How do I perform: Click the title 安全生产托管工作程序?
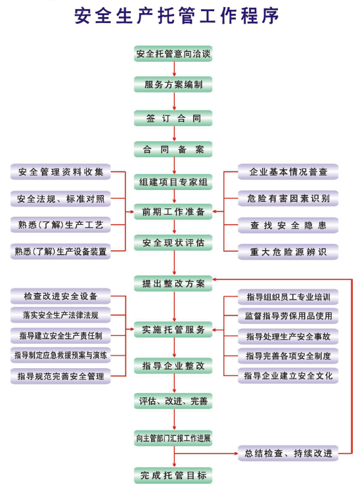177,16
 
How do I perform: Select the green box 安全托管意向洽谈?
173,54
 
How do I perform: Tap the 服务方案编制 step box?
173,84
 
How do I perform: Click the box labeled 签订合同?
173,118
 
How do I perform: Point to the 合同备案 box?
173,149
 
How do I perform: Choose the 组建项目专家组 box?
173,182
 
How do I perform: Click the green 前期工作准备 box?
173,212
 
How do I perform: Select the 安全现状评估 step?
173,243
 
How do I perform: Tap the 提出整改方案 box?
173,283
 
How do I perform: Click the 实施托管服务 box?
173,330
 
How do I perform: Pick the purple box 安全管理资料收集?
60,172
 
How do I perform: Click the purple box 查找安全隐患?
288,225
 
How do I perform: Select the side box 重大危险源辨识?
288,252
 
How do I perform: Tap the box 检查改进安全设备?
60,296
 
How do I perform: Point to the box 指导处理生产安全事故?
288,337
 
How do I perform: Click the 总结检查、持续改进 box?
288,453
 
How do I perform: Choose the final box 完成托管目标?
173,475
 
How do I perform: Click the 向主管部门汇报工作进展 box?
173,438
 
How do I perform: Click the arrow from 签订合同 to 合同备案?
174,134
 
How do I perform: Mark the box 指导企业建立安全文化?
288,376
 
